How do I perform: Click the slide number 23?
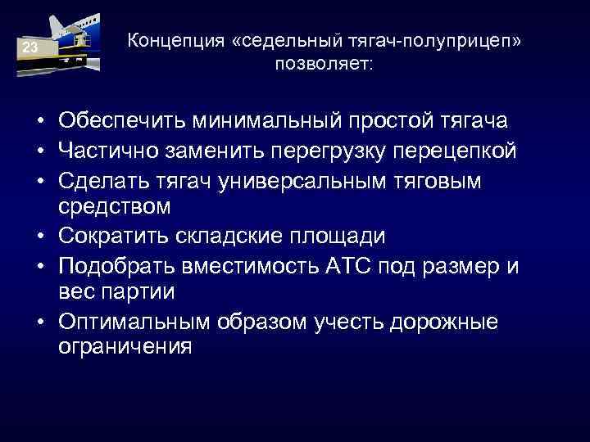[29, 48]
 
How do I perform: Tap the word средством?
[114, 206]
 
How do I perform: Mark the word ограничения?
[125, 348]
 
